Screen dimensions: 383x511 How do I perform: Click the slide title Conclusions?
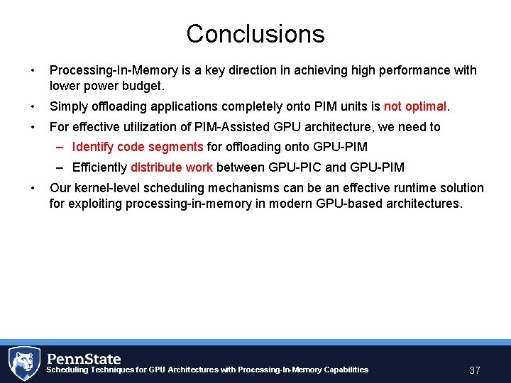coord(255,33)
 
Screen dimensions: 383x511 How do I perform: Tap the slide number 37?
coord(475,370)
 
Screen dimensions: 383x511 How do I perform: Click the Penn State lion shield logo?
coord(24,362)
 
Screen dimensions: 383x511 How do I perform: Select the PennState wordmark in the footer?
coord(84,359)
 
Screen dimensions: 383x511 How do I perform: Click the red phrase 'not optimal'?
coord(415,106)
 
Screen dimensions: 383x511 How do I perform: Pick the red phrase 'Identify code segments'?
coord(138,147)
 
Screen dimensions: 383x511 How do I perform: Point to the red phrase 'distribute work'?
coord(171,167)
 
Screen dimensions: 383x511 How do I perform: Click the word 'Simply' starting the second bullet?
coord(67,106)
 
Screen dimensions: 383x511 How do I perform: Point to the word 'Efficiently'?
coord(99,167)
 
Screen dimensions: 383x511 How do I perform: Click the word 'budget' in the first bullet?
coord(141,86)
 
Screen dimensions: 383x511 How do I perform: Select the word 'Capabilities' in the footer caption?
coord(345,370)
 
